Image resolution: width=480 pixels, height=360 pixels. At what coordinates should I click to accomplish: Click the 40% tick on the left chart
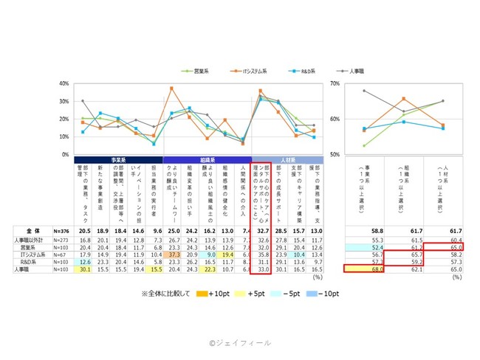point(64,83)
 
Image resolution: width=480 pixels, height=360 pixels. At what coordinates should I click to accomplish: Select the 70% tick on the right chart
point(335,83)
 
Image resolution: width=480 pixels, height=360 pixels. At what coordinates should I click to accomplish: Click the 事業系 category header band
point(118,159)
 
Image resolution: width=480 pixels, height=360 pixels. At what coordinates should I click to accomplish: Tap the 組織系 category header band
point(207,159)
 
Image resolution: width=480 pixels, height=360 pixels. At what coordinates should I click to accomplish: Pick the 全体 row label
point(25,230)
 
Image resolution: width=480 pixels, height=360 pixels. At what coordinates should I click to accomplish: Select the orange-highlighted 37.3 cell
point(176,255)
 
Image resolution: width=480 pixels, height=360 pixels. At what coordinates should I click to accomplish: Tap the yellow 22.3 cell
point(211,270)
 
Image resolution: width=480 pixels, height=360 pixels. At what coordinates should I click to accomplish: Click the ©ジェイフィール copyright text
point(239,342)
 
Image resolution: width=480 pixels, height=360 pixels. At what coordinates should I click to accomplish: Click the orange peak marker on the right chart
point(403,98)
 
